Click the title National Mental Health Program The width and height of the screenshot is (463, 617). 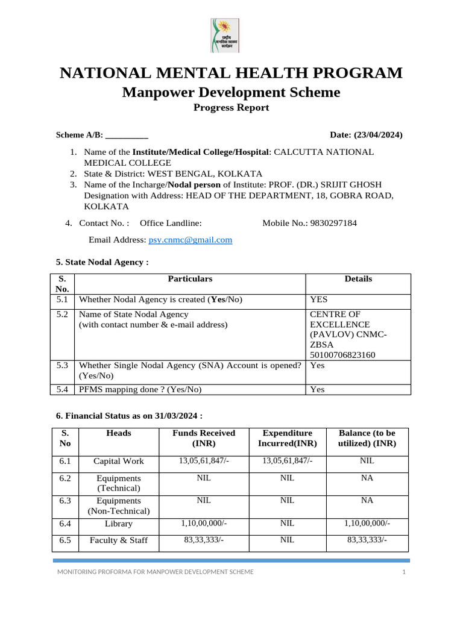[231, 74]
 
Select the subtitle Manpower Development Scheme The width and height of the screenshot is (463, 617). [231, 92]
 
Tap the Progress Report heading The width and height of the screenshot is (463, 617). [231, 108]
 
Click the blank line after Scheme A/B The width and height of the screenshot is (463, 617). [127, 135]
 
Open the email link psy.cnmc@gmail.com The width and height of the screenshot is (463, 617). [190, 240]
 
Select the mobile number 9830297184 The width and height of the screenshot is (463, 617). [333, 223]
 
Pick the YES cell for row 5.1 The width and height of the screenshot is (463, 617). [319, 299]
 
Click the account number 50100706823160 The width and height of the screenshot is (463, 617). [342, 355]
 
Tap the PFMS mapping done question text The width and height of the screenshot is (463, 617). [140, 389]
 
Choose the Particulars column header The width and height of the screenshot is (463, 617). [190, 279]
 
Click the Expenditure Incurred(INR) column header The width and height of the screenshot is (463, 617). [287, 438]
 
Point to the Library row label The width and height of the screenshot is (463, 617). [119, 524]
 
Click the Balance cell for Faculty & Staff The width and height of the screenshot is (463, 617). [367, 540]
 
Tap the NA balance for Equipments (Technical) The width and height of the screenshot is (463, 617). [367, 478]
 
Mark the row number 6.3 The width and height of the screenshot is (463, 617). [65, 501]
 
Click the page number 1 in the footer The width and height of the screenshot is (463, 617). [404, 572]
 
